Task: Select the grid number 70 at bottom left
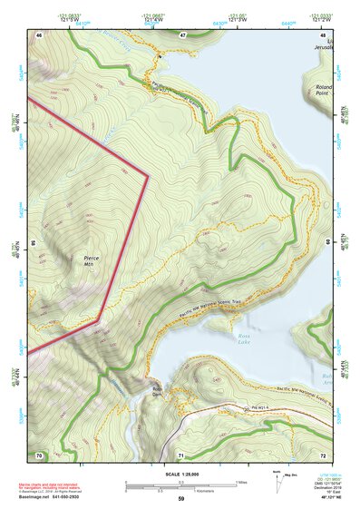(39, 454)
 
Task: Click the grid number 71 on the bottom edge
(181, 454)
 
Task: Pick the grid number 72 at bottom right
(324, 454)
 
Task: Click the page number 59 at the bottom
(180, 498)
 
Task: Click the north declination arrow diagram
(277, 479)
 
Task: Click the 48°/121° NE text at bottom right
(324, 498)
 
